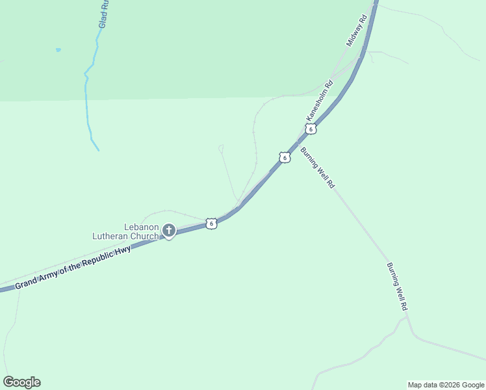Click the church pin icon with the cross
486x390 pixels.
pos(169,230)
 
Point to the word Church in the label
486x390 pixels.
pos(144,237)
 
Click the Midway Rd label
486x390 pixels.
pos(357,31)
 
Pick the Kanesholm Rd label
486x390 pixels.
pos(320,99)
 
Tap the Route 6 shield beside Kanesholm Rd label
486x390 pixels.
pos(311,129)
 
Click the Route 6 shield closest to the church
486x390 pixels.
pos(211,224)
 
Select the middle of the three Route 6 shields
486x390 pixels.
pos(285,157)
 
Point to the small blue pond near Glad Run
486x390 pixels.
pos(58,49)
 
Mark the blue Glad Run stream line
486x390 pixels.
pos(87,97)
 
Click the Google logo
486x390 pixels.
pos(21,382)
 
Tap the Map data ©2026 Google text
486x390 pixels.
pos(446,385)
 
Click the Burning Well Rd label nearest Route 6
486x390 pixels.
pos(317,168)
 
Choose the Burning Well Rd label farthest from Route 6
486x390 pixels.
pos(397,286)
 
